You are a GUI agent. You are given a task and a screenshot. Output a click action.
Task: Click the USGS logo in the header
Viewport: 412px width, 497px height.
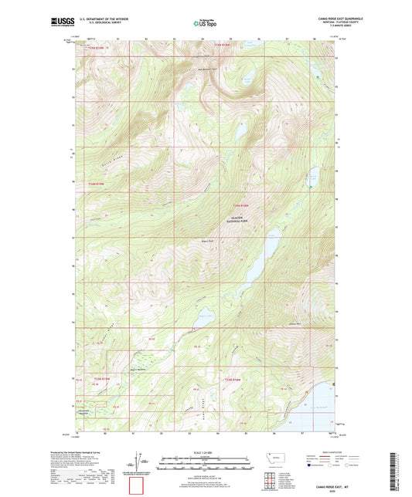60,22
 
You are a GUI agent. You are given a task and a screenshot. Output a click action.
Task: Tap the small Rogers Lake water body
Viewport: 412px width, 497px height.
206,314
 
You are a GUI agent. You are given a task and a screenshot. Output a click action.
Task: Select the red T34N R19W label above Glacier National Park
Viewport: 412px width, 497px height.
241,205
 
